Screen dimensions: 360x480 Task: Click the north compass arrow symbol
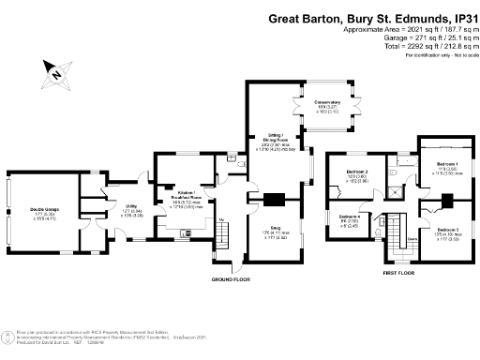(55, 70)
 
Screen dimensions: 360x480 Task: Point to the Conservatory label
(327, 101)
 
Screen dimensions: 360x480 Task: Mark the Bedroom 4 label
(350, 217)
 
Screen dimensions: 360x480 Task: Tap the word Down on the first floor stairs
(385, 237)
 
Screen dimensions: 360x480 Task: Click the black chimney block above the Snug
(274, 198)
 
